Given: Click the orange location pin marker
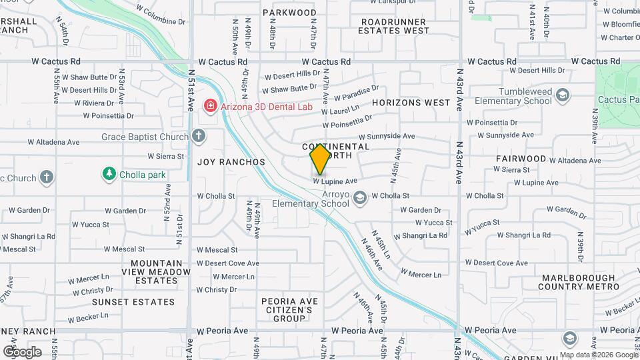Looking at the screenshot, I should pos(320,159).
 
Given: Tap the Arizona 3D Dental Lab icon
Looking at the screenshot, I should pos(210,106).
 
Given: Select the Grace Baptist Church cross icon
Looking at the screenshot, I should pos(198,137).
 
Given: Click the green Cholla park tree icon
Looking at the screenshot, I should pos(109,175).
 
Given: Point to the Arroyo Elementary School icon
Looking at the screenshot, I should pos(360,197).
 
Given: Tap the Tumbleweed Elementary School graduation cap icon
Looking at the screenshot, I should pos(563,95).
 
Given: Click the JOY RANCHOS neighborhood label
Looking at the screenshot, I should pos(231,162).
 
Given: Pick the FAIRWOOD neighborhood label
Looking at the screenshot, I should pos(521,159).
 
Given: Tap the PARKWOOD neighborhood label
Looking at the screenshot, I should pos(289,13).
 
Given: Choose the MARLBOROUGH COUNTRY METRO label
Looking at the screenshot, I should pos(579,282).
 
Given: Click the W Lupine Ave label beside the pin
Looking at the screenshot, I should pos(335,181).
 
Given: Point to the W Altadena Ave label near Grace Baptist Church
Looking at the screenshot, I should pos(53,142).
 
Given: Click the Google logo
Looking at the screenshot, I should pos(21,351).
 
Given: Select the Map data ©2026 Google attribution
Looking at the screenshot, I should pos(598,355).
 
